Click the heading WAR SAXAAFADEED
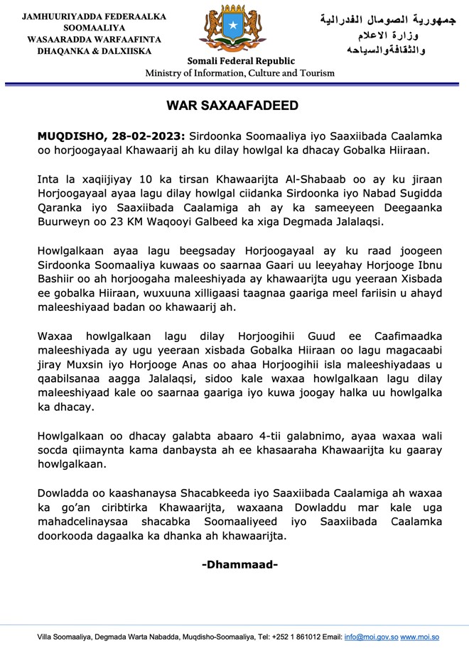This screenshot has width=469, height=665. click(232, 106)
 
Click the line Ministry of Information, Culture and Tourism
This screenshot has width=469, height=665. click(235, 73)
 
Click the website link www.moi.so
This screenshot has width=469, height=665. click(419, 637)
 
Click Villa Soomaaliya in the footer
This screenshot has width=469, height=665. click(62, 637)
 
